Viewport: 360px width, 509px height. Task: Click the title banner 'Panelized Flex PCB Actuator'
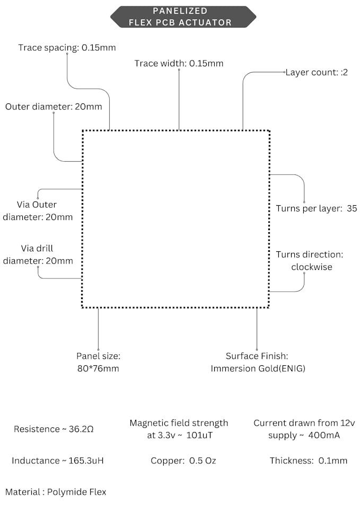click(183, 16)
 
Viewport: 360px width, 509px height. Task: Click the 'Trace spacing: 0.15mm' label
click(67, 48)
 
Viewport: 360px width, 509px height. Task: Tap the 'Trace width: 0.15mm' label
click(179, 64)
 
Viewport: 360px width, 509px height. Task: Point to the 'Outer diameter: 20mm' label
click(54, 107)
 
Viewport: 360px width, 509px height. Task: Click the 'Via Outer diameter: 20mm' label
click(38, 210)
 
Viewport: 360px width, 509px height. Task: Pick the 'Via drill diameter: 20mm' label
click(38, 254)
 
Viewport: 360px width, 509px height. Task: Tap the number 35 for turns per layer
click(352, 208)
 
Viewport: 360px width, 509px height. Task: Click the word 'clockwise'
click(312, 267)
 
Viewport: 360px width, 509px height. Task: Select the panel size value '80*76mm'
click(98, 368)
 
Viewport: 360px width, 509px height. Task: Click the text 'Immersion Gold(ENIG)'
click(258, 368)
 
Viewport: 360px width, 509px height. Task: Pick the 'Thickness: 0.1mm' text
click(309, 460)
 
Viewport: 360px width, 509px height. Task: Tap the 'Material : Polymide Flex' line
click(56, 492)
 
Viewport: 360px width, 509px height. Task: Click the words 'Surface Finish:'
click(257, 356)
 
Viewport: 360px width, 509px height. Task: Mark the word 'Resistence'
click(37, 429)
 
